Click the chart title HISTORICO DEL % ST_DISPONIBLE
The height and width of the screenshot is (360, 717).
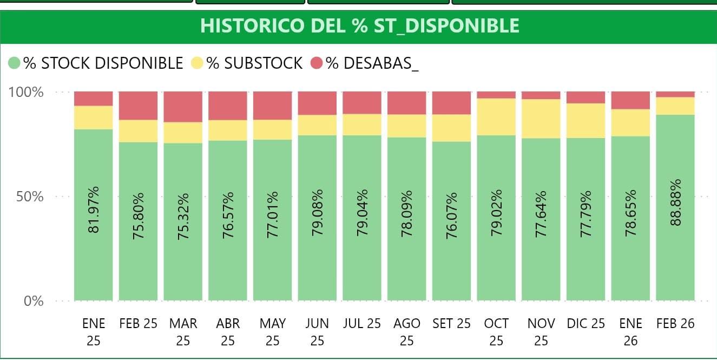coord(359,26)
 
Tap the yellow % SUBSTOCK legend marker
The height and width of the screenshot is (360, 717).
coord(197,63)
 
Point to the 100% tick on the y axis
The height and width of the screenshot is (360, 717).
coord(26,91)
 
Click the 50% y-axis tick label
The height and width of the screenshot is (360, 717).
coord(29,196)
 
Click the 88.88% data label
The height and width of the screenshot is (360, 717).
coord(675,202)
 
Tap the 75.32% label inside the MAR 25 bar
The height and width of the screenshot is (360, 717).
coord(183,216)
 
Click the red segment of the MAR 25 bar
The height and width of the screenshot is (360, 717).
coord(183,107)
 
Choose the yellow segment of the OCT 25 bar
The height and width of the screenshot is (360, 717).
coord(496,116)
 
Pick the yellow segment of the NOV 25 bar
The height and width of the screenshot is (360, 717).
coord(541,119)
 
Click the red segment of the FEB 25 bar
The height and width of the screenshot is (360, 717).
coord(138,106)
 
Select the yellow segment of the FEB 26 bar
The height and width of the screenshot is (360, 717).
coord(675,106)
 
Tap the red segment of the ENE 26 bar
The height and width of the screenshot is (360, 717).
coord(630,100)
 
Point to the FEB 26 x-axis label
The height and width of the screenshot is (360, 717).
coord(675,324)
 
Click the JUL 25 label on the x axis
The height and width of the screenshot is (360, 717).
coord(362,324)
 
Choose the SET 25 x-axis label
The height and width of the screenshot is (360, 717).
coord(451,324)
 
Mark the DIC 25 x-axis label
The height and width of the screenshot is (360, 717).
coord(586,324)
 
